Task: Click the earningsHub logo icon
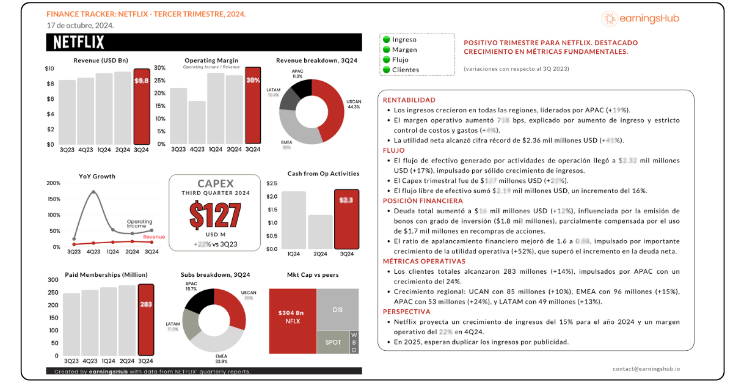coord(610,19)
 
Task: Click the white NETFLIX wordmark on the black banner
coord(79,42)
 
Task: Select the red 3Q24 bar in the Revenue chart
coord(142,106)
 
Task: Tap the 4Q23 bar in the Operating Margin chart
coord(197,122)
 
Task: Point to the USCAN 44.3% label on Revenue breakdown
coord(354,104)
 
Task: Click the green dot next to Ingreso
coord(386,40)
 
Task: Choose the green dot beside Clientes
coord(386,70)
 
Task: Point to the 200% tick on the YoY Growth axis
coord(53,183)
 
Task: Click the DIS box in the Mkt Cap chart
coord(337,310)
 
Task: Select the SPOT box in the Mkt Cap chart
coord(333,342)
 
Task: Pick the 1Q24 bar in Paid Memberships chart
coord(108,321)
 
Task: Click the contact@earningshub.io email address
coord(646,369)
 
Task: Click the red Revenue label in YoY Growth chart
coord(154,237)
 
